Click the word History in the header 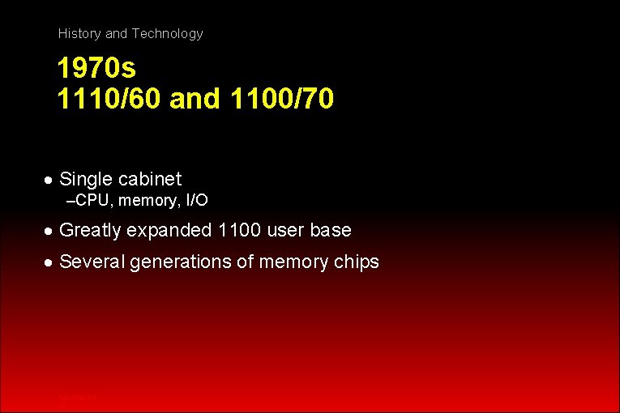(x=79, y=34)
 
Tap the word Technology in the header (x=167, y=34)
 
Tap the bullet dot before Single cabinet (x=50, y=180)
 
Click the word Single (x=86, y=179)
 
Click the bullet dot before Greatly (x=50, y=231)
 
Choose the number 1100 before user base (x=240, y=230)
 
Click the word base (x=331, y=230)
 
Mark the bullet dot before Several (x=50, y=262)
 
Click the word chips (x=356, y=262)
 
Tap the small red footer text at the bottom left (x=78, y=397)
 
